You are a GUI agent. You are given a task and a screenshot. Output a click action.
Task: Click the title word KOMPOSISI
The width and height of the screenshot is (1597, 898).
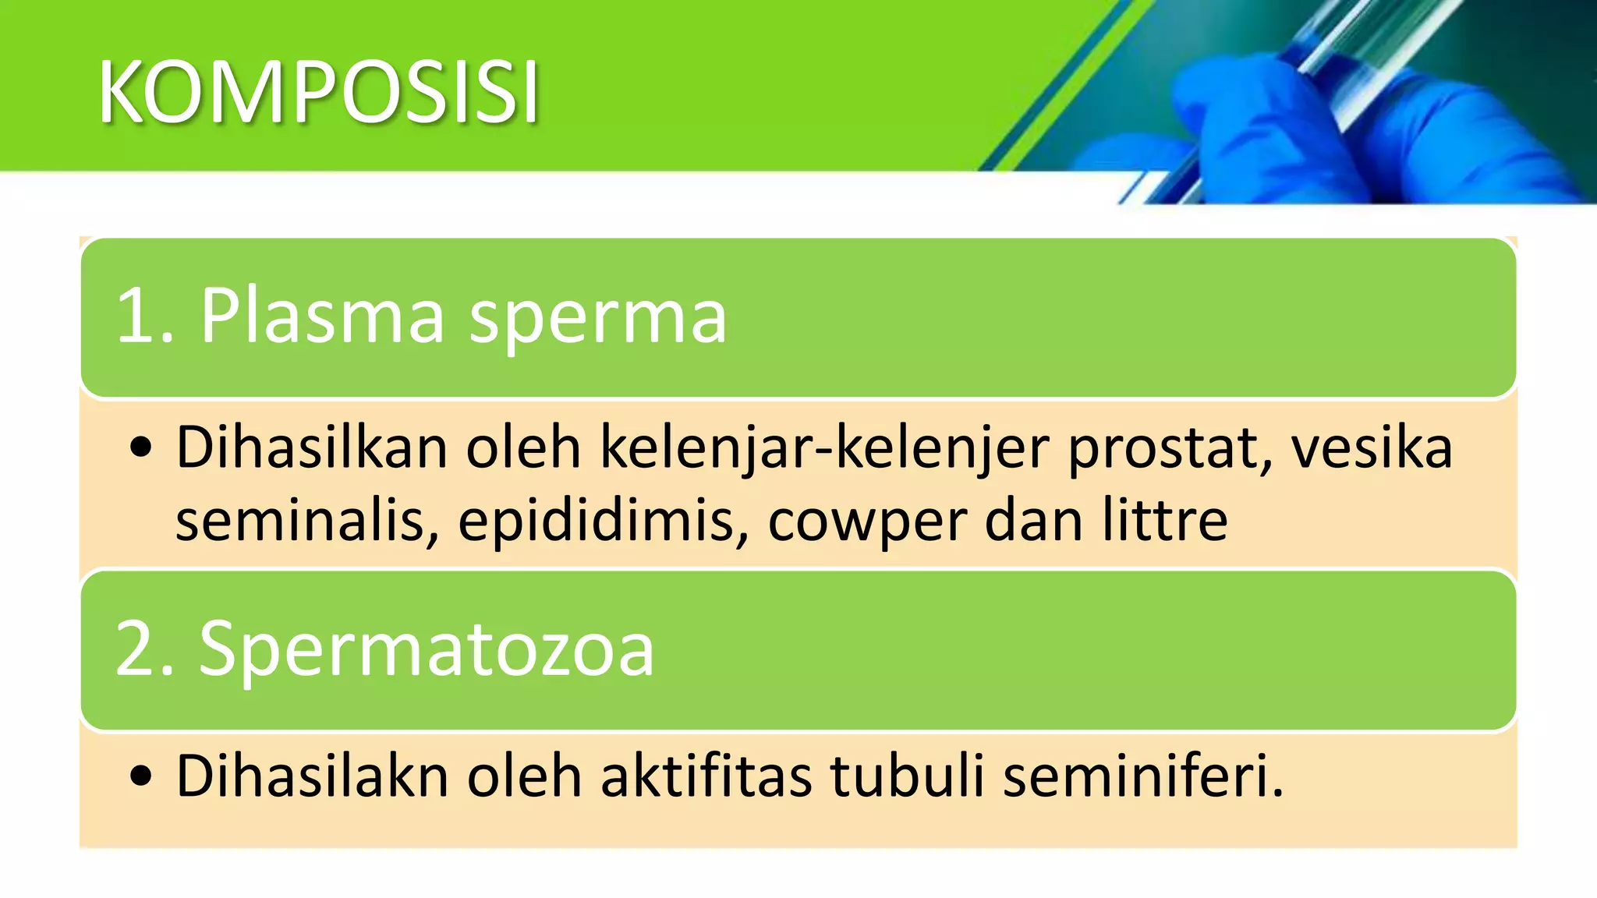(318, 92)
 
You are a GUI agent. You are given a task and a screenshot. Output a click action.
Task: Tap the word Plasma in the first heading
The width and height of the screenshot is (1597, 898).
(321, 316)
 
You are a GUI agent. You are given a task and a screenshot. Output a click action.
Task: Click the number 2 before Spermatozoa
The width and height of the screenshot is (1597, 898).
(134, 649)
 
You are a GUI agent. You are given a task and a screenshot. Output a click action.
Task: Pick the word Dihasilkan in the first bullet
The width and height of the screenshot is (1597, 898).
(311, 448)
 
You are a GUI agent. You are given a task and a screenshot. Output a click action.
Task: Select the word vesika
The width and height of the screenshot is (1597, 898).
(1372, 448)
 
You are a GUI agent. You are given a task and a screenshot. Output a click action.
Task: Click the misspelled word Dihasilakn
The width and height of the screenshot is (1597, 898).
(312, 776)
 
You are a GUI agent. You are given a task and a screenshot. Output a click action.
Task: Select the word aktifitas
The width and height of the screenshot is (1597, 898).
(705, 776)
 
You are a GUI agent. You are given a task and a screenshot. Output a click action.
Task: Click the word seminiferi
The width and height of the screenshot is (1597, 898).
(1142, 776)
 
